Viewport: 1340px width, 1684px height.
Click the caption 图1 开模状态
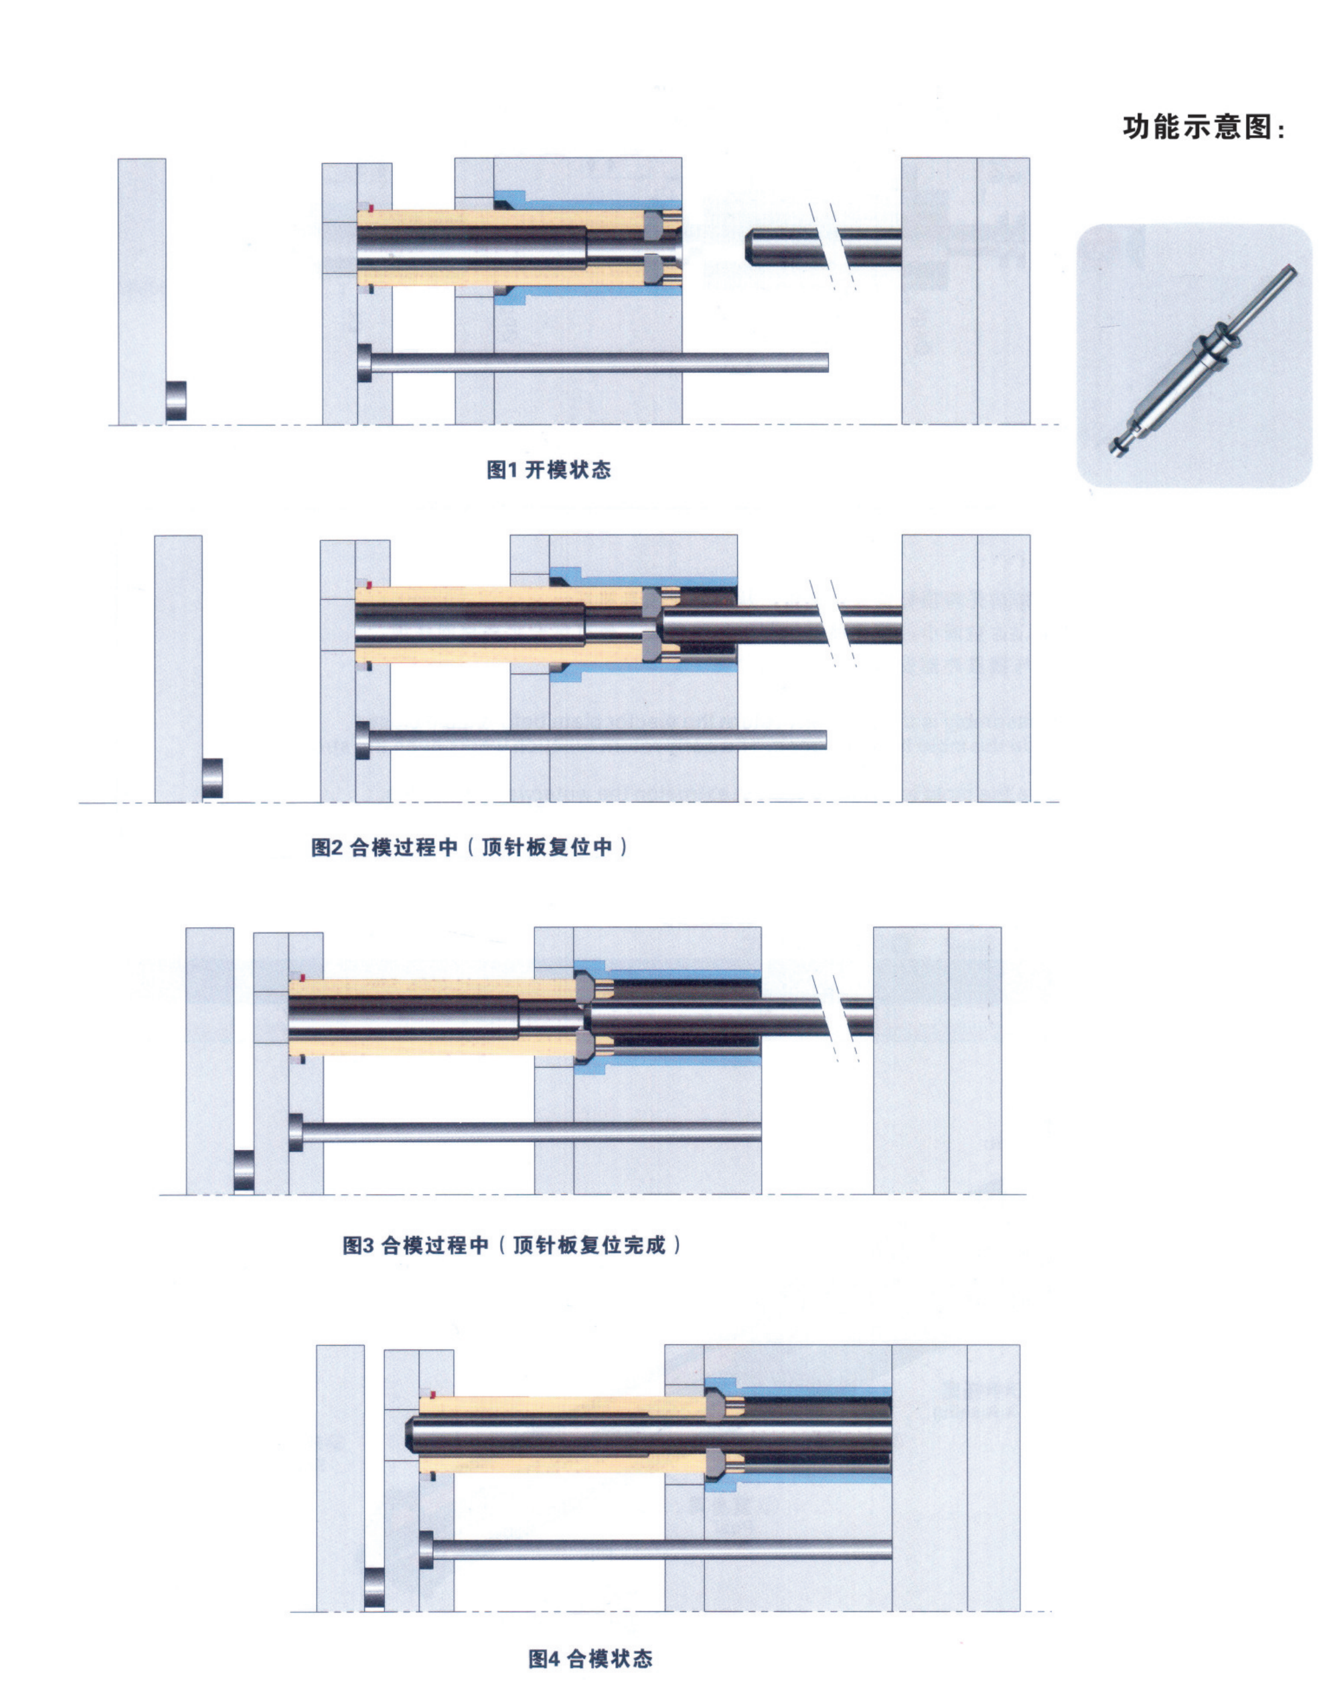coord(548,469)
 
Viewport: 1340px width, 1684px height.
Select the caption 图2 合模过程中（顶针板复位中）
coord(469,847)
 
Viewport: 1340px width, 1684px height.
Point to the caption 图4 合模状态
coord(590,1658)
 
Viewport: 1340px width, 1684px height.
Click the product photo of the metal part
coord(1194,355)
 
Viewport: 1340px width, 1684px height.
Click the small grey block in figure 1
coord(177,401)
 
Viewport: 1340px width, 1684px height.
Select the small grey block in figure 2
coord(213,778)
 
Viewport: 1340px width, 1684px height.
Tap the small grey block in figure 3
coord(243,1171)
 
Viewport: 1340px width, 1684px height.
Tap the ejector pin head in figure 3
coord(296,1132)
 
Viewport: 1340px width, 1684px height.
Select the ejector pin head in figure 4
coord(427,1550)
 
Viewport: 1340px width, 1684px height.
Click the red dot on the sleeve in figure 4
coord(433,1395)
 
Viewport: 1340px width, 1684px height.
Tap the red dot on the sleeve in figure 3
coord(302,977)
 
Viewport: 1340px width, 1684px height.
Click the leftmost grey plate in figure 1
coord(142,292)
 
